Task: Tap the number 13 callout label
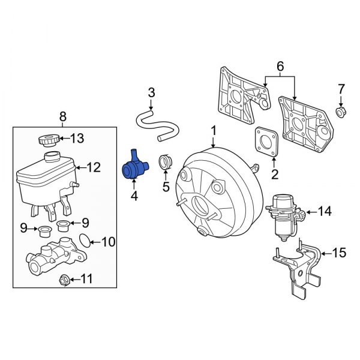coord(78,139)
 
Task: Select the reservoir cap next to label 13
coord(47,140)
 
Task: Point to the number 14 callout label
coord(324,211)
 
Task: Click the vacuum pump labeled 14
coord(282,212)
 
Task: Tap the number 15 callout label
coord(339,253)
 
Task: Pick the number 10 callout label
coord(107,242)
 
